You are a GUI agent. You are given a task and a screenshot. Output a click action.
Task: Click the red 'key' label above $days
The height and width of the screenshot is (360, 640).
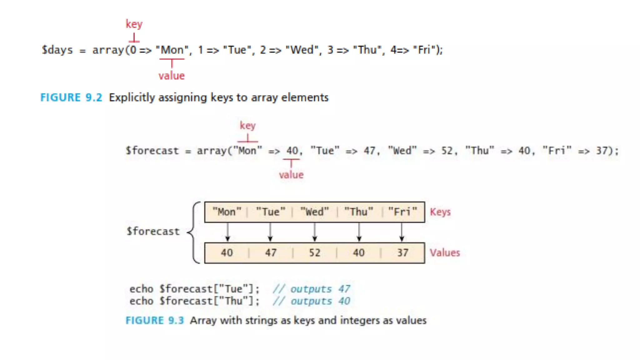coord(134,24)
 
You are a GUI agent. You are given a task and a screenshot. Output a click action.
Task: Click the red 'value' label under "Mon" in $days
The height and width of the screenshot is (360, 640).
coord(172,76)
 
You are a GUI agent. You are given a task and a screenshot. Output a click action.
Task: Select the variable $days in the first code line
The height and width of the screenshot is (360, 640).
coord(57,50)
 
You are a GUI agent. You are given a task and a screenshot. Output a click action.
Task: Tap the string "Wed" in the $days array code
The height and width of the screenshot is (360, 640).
coord(302,50)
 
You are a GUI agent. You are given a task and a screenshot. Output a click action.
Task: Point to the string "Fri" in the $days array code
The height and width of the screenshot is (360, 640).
coord(424,50)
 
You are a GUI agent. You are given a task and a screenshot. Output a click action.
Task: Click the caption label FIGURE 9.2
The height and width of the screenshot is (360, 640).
coord(71,97)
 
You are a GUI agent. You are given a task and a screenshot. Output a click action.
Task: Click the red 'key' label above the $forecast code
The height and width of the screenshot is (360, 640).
coord(248,126)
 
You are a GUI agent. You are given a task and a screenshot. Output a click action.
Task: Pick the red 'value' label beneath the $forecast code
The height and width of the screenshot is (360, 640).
coord(291,175)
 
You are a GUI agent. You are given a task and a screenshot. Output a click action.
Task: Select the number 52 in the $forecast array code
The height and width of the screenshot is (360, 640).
coord(447,151)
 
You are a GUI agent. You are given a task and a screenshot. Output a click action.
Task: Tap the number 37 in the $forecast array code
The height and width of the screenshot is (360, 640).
coord(602,151)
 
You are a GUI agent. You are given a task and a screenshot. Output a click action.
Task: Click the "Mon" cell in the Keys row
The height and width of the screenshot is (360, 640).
coord(227,212)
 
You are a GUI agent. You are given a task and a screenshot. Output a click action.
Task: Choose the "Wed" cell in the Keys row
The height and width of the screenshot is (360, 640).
coord(315,212)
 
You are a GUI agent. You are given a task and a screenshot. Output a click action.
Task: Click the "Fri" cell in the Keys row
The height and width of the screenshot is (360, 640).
coord(402,212)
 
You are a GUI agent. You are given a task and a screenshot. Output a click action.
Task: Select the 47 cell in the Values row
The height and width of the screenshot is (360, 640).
coord(271,253)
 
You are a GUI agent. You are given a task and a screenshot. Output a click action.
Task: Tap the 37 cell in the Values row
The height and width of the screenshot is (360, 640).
coord(402,253)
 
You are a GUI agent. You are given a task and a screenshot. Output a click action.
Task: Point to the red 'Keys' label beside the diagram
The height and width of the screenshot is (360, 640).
coord(440,212)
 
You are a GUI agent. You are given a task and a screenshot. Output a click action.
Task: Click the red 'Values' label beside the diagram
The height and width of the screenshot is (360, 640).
coord(445,253)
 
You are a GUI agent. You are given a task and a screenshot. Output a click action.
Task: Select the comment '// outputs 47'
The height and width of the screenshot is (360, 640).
coord(312,289)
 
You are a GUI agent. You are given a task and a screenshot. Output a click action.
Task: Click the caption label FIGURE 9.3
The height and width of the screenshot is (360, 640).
coord(155,321)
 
